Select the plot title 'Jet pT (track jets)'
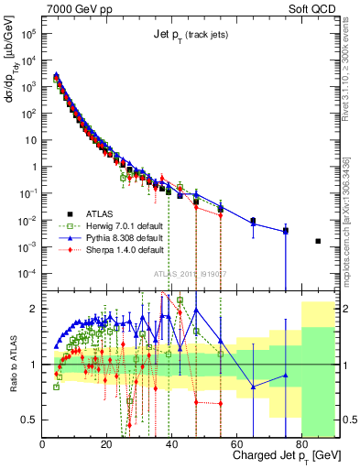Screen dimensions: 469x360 click(x=191, y=35)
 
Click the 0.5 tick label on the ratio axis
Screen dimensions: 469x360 click(x=30, y=420)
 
